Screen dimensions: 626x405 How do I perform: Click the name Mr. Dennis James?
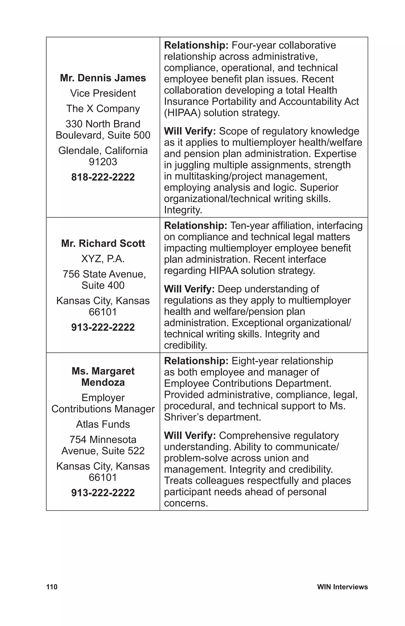tap(103, 78)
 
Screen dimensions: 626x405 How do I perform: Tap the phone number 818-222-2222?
tap(103, 177)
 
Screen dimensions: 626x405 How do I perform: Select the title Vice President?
tap(103, 93)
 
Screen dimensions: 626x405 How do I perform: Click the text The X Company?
tap(103, 109)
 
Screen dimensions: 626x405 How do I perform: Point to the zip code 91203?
tap(103, 161)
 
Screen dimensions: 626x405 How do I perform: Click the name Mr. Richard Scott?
tap(103, 243)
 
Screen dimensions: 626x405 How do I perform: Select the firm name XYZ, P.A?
tap(103, 259)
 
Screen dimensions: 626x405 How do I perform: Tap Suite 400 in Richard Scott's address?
tap(103, 285)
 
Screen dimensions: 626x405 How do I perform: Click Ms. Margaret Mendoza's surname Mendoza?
tap(103, 382)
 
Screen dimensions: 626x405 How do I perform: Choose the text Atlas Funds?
tap(103, 424)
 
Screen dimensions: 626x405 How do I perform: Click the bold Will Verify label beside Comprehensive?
tap(189, 436)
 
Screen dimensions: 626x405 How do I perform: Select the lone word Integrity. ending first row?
tap(183, 210)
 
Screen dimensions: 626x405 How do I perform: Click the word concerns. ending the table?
tap(186, 503)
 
